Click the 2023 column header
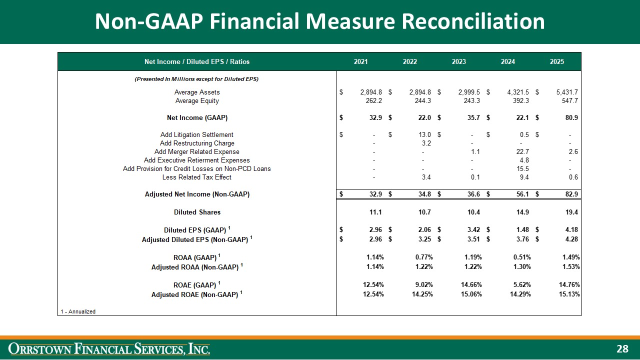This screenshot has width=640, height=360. point(459,61)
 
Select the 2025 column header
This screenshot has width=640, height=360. point(557,61)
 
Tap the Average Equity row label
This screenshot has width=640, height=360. point(197,101)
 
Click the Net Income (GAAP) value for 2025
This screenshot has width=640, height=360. point(571,117)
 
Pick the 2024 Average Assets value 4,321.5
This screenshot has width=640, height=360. point(518,92)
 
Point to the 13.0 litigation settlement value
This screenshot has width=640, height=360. point(424,134)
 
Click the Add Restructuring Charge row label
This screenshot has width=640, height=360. point(197,143)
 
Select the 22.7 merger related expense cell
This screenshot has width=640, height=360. point(522,151)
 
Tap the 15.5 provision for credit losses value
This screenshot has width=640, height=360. point(522,169)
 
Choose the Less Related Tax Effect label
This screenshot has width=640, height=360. point(197,177)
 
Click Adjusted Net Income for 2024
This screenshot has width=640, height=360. point(522,194)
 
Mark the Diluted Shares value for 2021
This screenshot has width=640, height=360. point(375,212)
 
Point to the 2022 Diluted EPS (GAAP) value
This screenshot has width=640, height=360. point(424,229)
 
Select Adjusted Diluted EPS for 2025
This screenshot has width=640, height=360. point(571,239)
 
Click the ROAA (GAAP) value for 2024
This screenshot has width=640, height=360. point(522,257)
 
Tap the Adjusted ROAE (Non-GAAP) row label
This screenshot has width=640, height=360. point(197,294)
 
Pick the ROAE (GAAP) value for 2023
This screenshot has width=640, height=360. point(471,284)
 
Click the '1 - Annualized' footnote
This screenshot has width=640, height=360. point(78,311)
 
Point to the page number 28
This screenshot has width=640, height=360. point(622,349)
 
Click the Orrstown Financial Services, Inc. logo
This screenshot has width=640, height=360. point(109,349)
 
